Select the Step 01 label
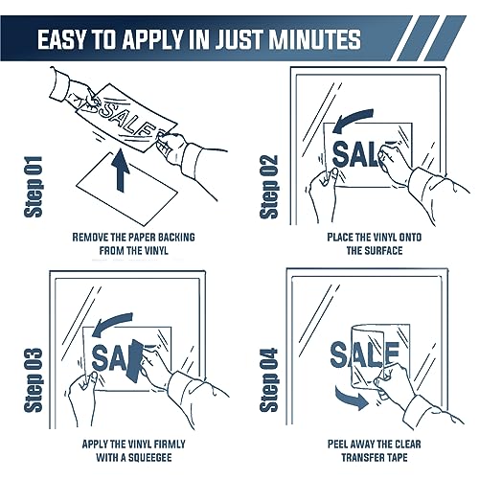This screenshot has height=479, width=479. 34,187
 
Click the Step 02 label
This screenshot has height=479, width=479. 269,187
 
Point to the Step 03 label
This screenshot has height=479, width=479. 34,380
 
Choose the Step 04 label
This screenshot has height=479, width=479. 269,380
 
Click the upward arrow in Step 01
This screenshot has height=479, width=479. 121,171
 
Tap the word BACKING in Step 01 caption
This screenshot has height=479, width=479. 176,238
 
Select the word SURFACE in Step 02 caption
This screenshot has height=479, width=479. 383,251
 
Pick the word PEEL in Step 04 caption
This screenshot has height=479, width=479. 338,445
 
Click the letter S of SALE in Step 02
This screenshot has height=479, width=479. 341,154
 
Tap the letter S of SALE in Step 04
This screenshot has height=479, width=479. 339,354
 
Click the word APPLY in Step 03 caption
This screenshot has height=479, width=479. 95,445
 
